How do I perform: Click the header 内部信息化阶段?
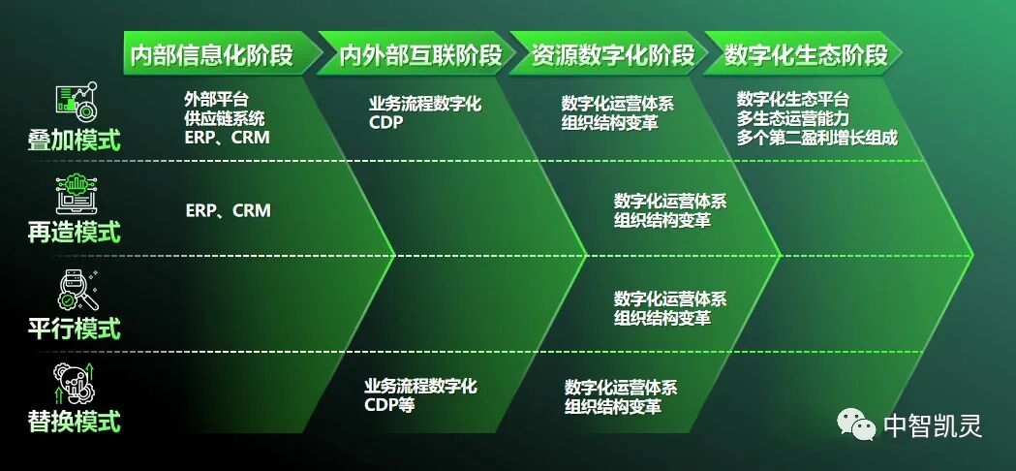[x=211, y=55]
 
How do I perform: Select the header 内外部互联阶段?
[x=408, y=55]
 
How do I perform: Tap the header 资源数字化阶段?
[x=600, y=55]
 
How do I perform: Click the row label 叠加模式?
[x=75, y=141]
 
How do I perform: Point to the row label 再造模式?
[x=75, y=233]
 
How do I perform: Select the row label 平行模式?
[x=75, y=329]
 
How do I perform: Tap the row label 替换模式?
[x=75, y=423]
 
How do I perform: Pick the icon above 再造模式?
[x=77, y=194]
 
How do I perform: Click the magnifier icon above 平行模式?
[x=77, y=289]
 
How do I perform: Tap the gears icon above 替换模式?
[x=77, y=383]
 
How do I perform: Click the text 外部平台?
[x=216, y=99]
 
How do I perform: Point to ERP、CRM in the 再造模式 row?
[x=228, y=211]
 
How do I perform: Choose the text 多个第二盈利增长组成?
[x=816, y=138]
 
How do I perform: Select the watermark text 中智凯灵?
[x=932, y=425]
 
